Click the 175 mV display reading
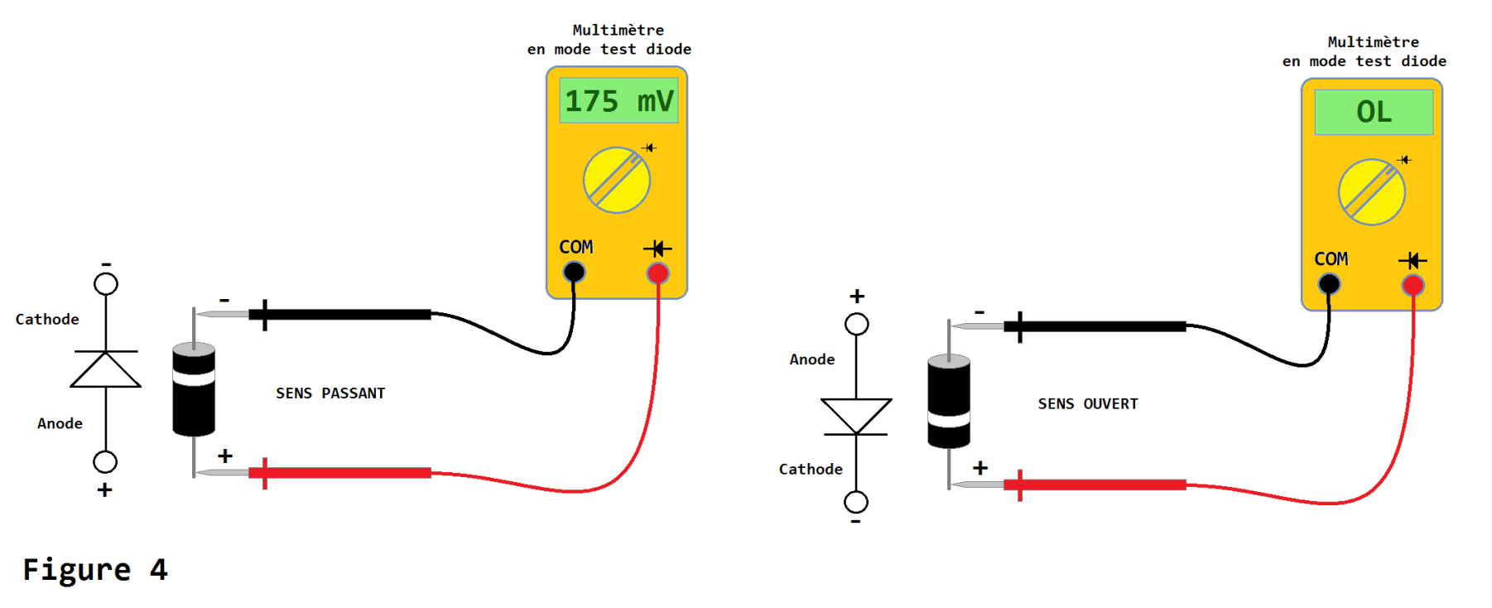[618, 101]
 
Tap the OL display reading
[1374, 112]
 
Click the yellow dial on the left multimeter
[617, 181]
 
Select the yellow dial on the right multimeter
[1372, 192]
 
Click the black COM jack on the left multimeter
[574, 272]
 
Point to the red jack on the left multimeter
[658, 273]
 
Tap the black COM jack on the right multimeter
[1329, 284]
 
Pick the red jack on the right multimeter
[1413, 286]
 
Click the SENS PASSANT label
[330, 393]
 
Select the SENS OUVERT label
[1088, 404]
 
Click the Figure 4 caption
[95, 570]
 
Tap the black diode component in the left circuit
[194, 389]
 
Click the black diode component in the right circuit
[949, 402]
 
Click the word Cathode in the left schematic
[47, 320]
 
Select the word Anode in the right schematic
[812, 359]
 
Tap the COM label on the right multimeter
[1331, 259]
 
